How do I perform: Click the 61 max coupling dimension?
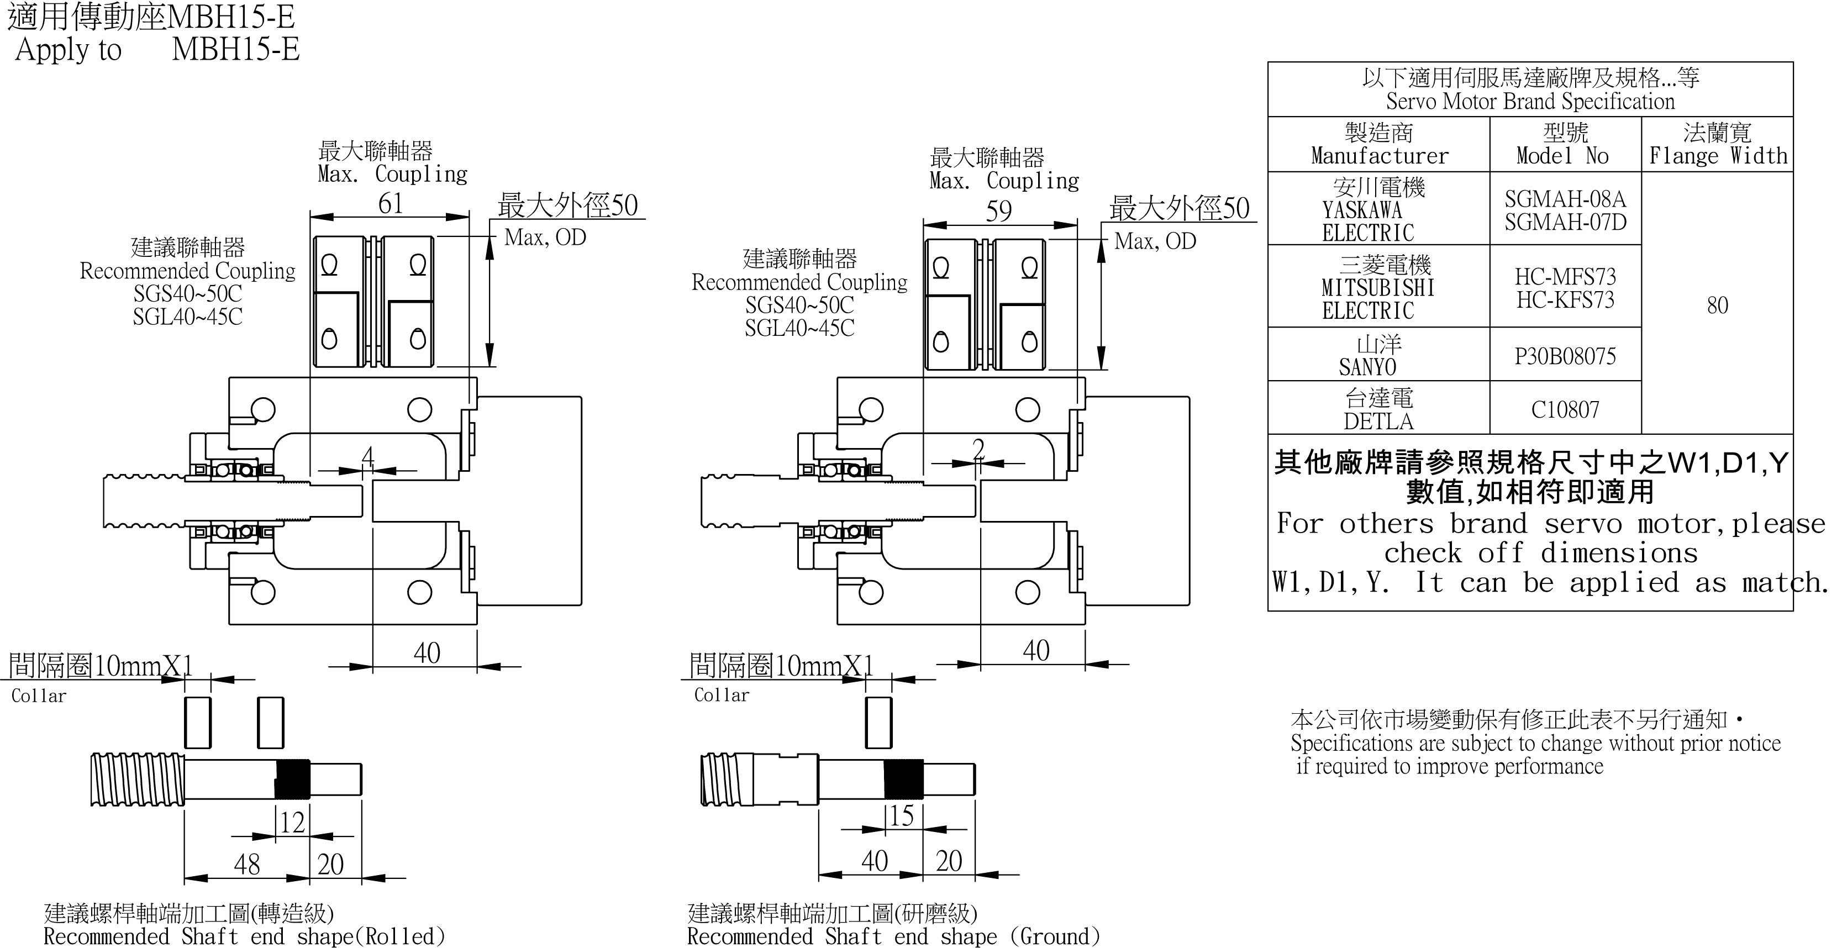(391, 204)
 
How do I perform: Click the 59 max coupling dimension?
(999, 211)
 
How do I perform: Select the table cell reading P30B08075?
(1565, 356)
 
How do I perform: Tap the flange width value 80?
(1717, 306)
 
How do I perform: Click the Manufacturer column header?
(1378, 144)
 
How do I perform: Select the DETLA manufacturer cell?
(1378, 409)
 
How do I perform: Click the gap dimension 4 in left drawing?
(367, 455)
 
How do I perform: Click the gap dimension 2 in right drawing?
(978, 449)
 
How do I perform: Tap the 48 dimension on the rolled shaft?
(247, 865)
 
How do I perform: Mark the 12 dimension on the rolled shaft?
(292, 822)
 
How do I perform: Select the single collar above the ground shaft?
(879, 722)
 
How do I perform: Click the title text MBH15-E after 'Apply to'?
(235, 49)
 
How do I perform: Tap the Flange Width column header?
(1717, 144)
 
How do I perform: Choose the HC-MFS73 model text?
(1565, 277)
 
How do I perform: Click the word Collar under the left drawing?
(39, 696)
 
